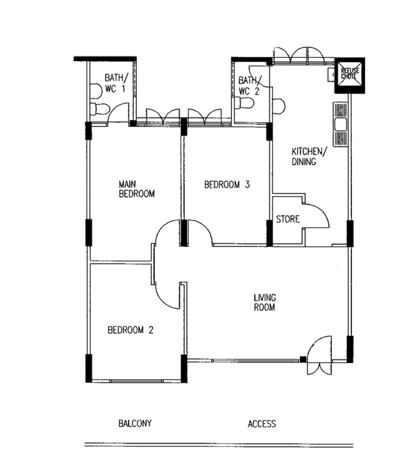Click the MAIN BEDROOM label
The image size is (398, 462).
point(137,189)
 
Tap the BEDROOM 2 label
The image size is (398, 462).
point(130,330)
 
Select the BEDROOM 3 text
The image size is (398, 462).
point(227,185)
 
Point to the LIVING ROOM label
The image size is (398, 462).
point(264,302)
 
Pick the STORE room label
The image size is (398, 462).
point(288,219)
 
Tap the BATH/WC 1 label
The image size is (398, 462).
point(116,83)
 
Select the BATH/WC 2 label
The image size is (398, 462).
point(250,86)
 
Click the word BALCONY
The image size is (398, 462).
point(135,423)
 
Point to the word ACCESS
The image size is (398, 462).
point(262,424)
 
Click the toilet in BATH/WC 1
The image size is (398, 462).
point(99,109)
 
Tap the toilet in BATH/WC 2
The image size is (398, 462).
point(244,103)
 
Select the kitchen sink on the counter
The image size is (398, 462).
point(341,124)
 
